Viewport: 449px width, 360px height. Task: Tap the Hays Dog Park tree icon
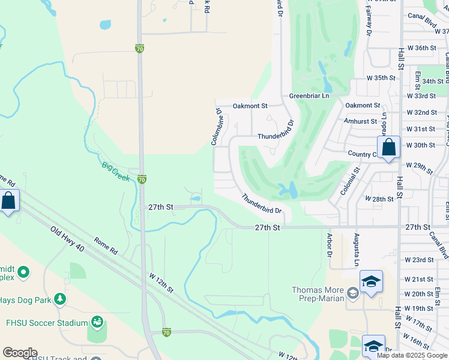pos(59,298)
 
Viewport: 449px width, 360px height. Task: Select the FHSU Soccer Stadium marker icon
pos(97,323)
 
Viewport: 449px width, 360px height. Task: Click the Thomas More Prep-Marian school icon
pos(352,293)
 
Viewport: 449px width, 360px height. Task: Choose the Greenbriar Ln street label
pos(309,95)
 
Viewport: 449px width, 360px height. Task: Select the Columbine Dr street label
pos(217,126)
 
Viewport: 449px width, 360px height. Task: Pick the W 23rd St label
pos(419,260)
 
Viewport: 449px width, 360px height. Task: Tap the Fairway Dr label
pos(369,22)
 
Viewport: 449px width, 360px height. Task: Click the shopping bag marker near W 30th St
pos(388,147)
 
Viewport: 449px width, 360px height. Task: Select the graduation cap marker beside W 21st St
pos(371,281)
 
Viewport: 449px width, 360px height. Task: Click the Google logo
pos(20,353)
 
